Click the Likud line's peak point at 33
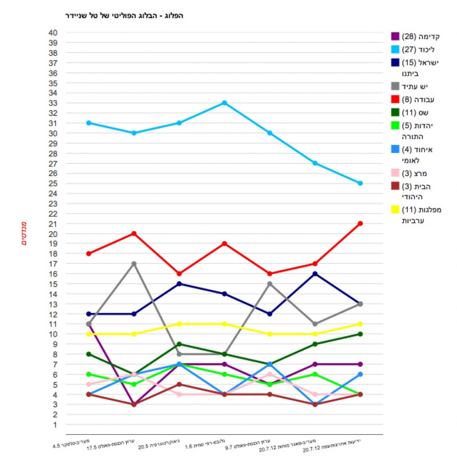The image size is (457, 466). pos(224,103)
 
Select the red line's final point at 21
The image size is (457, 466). pos(360,223)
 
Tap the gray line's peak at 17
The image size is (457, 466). pos(134,263)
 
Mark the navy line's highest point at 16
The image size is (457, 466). pos(315,274)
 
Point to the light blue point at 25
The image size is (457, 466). pos(360,183)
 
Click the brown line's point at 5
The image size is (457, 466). pos(179,384)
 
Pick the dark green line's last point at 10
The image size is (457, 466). pos(360,334)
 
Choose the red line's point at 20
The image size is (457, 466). pos(134,233)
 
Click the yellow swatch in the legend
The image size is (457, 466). pos(395,209)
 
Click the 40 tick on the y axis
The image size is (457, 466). pos(53,33)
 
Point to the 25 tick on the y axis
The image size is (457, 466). pos(53,183)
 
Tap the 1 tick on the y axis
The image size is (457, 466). pos(55,425)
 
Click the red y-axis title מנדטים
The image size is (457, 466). pos(24,233)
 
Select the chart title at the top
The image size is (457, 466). pos(124,15)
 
